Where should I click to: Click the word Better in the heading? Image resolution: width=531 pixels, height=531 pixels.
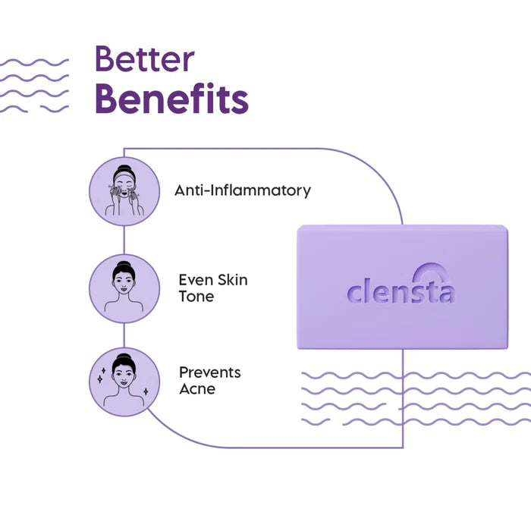[144, 59]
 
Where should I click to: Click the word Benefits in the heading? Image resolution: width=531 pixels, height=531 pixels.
[171, 99]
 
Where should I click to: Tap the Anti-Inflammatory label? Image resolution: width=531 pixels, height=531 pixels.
[243, 190]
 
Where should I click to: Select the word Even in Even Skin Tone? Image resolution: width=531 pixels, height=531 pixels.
[195, 280]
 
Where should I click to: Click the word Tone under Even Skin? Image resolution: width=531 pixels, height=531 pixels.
[196, 297]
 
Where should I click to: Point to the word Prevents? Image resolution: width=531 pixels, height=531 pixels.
[210, 372]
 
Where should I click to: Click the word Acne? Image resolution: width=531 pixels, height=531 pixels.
[197, 389]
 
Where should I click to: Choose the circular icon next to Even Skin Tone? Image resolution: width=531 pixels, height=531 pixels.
[124, 289]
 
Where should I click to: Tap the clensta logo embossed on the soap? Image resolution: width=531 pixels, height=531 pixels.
[401, 288]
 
